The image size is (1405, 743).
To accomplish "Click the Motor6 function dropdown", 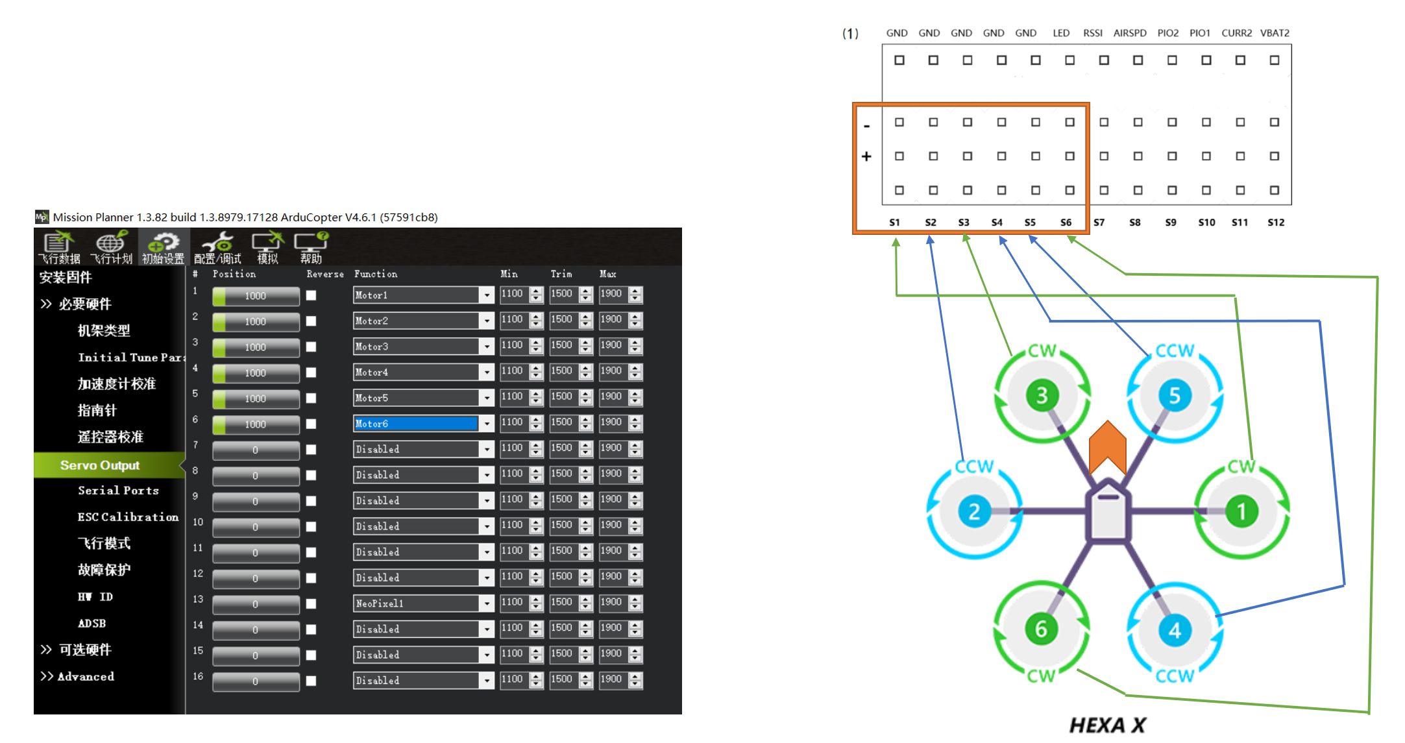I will (422, 424).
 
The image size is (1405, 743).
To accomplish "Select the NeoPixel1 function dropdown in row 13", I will (422, 603).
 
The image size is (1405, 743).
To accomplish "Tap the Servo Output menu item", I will (100, 465).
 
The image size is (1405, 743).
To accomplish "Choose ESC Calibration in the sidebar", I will (128, 517).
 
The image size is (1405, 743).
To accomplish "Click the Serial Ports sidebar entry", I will (118, 491).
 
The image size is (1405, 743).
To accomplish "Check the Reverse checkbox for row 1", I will (312, 295).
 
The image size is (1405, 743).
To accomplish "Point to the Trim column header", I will (561, 274).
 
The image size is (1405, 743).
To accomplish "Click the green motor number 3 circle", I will (1042, 395).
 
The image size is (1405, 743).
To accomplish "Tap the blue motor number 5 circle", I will (1175, 395).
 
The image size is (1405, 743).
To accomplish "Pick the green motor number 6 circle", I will (1041, 628).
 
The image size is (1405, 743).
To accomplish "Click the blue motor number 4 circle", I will (1175, 629).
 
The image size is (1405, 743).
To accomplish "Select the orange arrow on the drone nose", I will (1107, 446).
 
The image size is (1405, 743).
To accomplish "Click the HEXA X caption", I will (1107, 725).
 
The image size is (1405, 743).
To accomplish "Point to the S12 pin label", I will (1275, 222).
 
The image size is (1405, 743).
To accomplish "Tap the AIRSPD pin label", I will (1129, 33).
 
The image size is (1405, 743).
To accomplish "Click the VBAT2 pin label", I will (1275, 33).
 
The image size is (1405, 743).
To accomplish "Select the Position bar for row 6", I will (256, 424).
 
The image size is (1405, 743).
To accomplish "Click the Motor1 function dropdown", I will (422, 295).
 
